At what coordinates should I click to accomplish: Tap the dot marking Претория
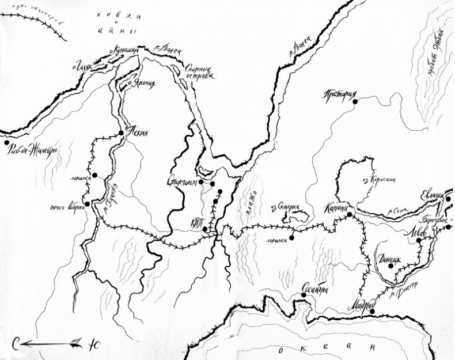click(355, 102)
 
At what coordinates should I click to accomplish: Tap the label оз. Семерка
click(286, 206)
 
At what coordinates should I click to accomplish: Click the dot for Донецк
click(390, 266)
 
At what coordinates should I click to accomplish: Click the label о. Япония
click(141, 83)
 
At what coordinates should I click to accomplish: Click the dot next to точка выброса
click(86, 203)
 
